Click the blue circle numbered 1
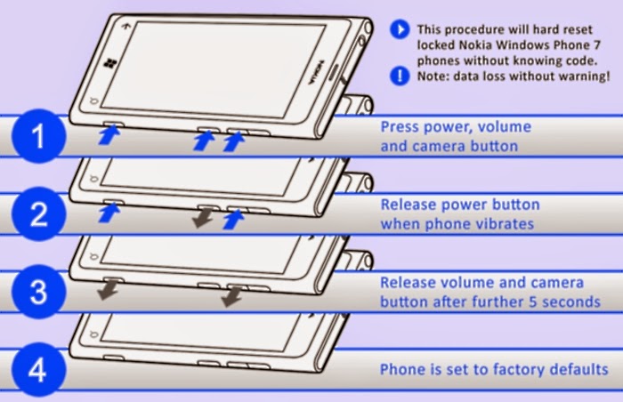[36, 136]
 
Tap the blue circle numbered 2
[36, 213]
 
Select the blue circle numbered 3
[36, 291]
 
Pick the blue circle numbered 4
[36, 367]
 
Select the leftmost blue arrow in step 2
[108, 213]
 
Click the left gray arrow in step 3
[109, 290]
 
